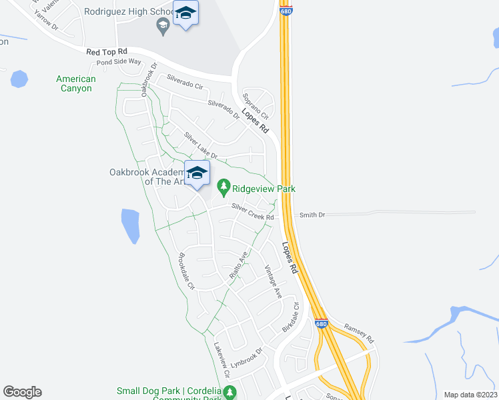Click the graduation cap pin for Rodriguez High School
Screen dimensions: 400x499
pos(185,14)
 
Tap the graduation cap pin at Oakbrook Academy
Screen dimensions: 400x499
pos(197,174)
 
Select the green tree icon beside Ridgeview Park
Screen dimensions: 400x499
pos(224,185)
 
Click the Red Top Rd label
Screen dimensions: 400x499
pos(107,51)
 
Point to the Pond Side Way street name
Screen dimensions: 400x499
pos(119,61)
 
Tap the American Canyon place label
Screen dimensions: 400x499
pos(75,83)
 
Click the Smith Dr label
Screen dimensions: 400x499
pos(312,215)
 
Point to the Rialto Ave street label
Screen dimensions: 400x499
pos(238,265)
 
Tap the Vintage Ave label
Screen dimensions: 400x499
pos(273,281)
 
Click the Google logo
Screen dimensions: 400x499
pos(22,391)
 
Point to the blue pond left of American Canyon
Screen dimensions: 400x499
pos(19,79)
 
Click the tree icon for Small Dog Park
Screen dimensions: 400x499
pos(229,391)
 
